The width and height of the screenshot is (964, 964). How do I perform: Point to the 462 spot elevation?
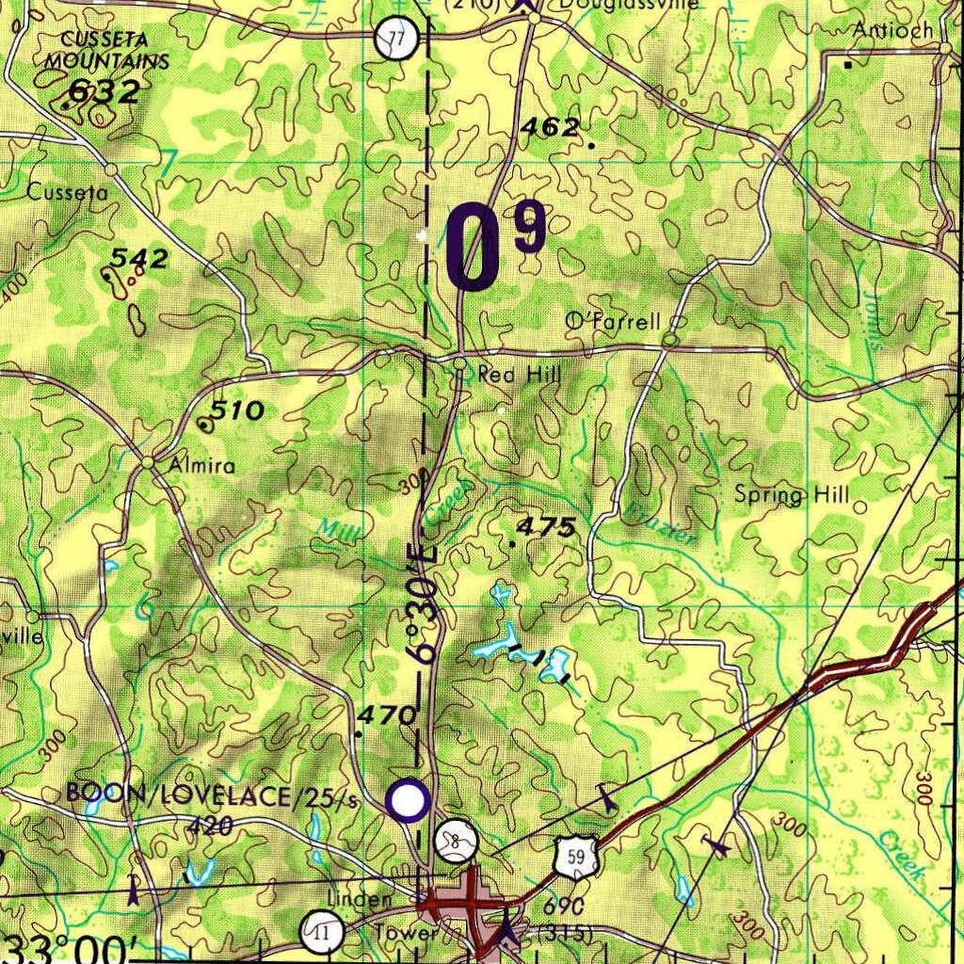551,127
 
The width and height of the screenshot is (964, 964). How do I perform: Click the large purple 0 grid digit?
474,249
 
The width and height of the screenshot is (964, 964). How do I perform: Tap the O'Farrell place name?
613,322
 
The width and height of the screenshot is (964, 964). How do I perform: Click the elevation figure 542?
139,258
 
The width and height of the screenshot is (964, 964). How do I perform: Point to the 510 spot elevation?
236,410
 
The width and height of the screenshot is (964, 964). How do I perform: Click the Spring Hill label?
792,495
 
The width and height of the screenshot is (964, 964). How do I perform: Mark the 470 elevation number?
387,715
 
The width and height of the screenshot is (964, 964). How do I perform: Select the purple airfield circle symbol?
409,801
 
